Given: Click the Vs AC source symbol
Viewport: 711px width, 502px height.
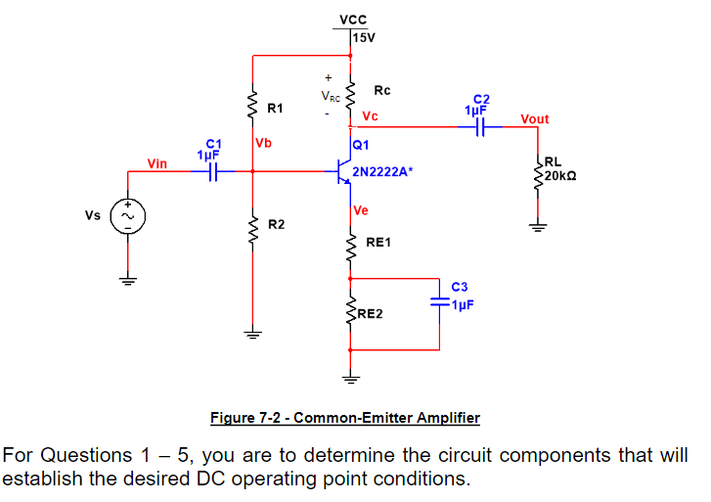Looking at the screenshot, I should [126, 213].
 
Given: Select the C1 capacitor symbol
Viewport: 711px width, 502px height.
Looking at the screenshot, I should [210, 171].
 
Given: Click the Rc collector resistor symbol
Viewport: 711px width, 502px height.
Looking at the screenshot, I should [350, 93].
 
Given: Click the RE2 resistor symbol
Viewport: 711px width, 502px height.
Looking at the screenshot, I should [350, 313].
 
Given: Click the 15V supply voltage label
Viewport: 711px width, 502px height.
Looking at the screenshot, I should [363, 37].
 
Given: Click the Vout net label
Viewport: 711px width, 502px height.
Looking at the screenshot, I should [535, 118].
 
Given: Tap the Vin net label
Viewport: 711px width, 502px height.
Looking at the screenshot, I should [156, 162].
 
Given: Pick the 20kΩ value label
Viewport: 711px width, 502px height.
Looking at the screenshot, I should [560, 176].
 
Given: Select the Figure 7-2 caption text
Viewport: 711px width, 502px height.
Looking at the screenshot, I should [345, 418].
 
